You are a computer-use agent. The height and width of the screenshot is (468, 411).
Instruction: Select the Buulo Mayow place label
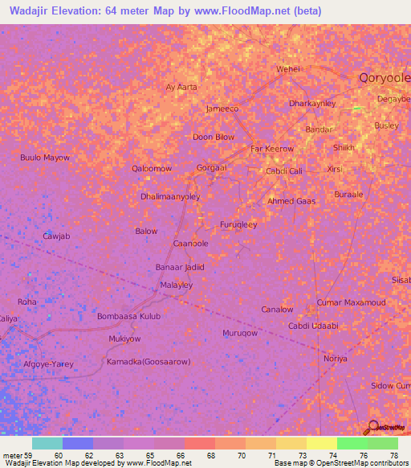tap(45, 158)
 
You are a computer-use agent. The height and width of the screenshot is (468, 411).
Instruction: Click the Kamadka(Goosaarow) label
tap(149, 362)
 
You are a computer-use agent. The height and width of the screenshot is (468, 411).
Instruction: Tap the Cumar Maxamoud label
tap(351, 302)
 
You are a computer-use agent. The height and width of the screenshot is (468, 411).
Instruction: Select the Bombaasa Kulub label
tap(128, 317)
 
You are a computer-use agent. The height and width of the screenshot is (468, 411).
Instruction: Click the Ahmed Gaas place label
tap(291, 201)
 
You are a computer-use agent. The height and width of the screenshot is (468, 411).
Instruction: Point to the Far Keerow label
tap(272, 149)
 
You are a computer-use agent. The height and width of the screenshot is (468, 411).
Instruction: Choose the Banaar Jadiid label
tap(180, 267)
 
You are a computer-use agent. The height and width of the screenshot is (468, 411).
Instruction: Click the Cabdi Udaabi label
tap(313, 326)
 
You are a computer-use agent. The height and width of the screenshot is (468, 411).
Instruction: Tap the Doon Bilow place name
tap(214, 137)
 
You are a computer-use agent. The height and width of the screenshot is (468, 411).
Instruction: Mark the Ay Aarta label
tap(181, 87)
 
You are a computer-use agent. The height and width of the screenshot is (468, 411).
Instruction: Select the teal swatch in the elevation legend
tap(47, 443)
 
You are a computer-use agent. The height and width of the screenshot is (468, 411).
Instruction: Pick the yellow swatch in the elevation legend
tap(321, 443)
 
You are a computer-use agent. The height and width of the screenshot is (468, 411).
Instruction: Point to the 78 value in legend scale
tap(393, 454)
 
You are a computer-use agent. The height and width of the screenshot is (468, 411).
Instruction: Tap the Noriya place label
tap(335, 359)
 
